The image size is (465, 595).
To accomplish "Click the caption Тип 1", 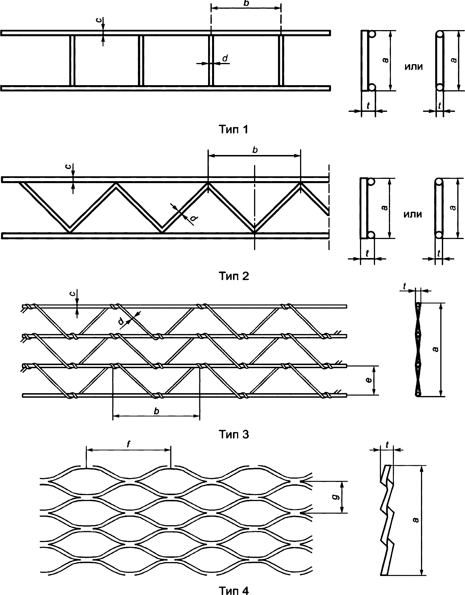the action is [234, 129].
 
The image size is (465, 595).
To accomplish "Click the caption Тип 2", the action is [234, 276].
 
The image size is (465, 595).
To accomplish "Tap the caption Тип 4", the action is [234, 590].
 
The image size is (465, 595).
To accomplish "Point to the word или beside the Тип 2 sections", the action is [413, 214].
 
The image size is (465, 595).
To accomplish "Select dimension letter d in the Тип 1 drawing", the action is [224, 58].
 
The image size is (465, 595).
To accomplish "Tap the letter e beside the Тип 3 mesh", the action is [368, 380].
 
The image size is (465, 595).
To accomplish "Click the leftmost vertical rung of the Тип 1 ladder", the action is [72, 60].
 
